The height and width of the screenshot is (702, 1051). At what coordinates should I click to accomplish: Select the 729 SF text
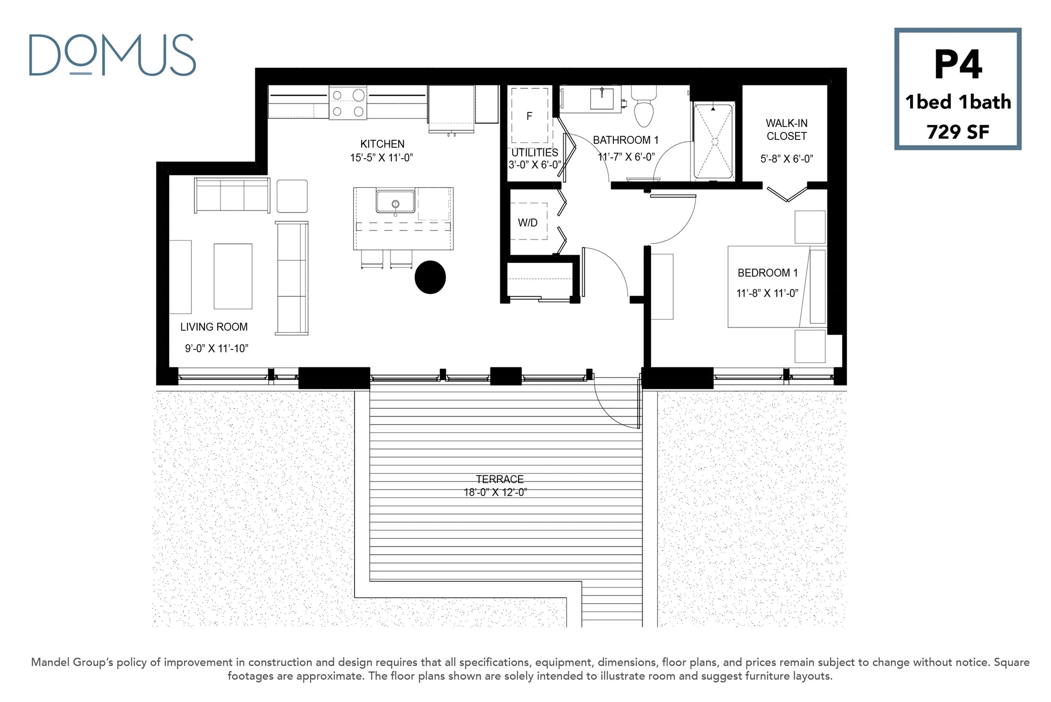pyautogui.click(x=958, y=132)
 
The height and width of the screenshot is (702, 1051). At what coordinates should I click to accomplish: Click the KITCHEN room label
pyautogui.click(x=382, y=144)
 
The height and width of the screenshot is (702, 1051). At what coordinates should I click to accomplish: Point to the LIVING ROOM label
pyautogui.click(x=214, y=327)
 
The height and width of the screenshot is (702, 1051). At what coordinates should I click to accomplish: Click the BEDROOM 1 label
pyautogui.click(x=768, y=273)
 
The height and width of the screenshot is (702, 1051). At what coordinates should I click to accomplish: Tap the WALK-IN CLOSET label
pyautogui.click(x=787, y=129)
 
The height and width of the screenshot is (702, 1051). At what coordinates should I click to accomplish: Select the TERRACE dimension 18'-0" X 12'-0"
pyautogui.click(x=496, y=492)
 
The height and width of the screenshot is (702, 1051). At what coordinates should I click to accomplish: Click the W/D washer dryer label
pyautogui.click(x=528, y=223)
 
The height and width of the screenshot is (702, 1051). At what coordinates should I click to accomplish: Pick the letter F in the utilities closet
pyautogui.click(x=530, y=116)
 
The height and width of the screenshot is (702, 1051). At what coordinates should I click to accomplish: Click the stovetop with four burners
pyautogui.click(x=348, y=103)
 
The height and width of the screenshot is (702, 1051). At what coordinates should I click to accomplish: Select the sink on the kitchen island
pyautogui.click(x=395, y=202)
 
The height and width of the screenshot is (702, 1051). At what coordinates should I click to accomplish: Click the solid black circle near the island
pyautogui.click(x=430, y=277)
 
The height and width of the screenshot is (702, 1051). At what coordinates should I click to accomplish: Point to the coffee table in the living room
pyautogui.click(x=233, y=276)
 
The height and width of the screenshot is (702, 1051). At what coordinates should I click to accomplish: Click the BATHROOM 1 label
pyautogui.click(x=626, y=140)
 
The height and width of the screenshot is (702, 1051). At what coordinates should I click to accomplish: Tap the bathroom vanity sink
pyautogui.click(x=602, y=98)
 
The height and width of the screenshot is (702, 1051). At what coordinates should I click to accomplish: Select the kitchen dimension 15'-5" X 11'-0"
pyautogui.click(x=382, y=157)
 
